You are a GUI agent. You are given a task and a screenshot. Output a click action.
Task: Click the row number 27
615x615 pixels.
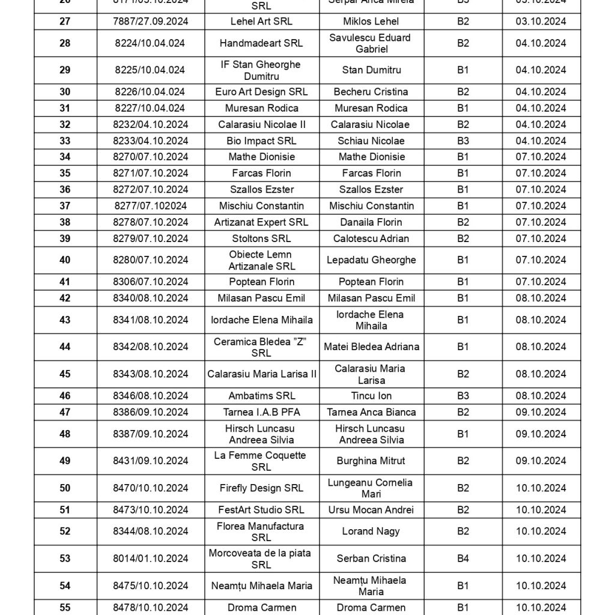pos(65,22)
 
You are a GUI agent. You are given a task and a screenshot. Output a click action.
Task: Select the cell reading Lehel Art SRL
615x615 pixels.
pos(261,22)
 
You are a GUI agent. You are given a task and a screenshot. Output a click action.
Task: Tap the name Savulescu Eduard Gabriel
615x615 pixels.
pos(371,43)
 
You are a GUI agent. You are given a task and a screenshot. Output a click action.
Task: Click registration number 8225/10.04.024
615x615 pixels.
pos(150,70)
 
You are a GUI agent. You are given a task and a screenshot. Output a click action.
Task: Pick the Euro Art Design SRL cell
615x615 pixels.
pos(261,92)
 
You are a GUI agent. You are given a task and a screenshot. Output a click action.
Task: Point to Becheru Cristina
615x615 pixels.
pos(371,92)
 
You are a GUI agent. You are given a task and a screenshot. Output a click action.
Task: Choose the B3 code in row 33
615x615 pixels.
pos(462,141)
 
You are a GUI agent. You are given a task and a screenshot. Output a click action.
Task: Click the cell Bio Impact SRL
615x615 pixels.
pos(261,141)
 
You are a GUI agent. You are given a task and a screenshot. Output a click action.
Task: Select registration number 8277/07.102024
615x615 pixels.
pos(150,206)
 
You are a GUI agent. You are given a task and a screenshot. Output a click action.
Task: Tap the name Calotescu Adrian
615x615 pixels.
pos(371,238)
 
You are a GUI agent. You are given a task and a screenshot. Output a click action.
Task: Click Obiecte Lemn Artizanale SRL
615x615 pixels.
pos(261,260)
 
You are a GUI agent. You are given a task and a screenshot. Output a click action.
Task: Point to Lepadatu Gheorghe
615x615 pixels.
pos(371,260)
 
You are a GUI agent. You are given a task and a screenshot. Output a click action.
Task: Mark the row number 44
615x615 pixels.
pos(65,347)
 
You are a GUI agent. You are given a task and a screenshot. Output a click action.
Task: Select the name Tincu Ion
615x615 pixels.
pos(371,396)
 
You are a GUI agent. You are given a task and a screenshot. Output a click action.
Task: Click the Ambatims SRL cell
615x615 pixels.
pos(261,396)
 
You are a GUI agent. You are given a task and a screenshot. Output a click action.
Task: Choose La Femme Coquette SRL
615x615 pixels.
pos(261,461)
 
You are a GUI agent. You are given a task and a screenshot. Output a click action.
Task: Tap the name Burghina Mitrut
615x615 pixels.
pos(371,461)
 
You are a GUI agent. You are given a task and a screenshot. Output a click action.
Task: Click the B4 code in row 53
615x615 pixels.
pos(462,559)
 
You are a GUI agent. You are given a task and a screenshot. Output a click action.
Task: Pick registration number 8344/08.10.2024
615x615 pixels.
pos(150,532)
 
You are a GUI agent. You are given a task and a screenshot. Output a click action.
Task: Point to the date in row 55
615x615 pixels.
pos(541,607)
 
